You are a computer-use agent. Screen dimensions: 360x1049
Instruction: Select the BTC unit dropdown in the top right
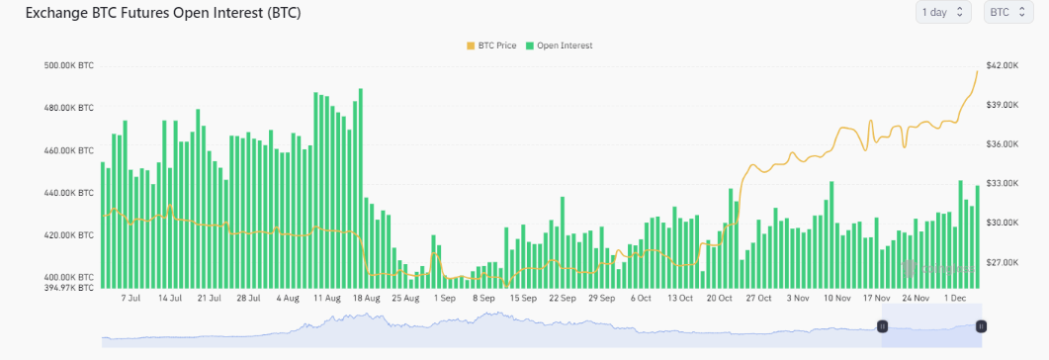click(1004, 12)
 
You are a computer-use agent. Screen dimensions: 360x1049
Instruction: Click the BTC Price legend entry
click(491, 45)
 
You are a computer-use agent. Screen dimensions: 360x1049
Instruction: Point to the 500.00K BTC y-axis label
click(71, 65)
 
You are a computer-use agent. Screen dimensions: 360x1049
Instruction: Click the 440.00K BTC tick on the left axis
click(71, 193)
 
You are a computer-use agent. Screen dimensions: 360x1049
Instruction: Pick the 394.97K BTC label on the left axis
click(71, 287)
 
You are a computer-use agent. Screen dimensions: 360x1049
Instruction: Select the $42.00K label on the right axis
click(1003, 65)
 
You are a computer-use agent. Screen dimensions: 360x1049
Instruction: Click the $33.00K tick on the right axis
click(1003, 183)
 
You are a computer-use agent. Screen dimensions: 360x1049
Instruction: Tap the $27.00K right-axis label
click(1003, 262)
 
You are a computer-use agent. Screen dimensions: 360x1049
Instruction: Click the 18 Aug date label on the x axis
click(366, 297)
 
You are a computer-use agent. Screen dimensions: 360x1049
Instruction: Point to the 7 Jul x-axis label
click(130, 297)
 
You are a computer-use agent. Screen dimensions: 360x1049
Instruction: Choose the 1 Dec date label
click(955, 297)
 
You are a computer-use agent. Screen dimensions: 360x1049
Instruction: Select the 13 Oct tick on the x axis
click(679, 297)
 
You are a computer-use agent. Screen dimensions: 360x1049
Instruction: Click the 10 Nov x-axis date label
click(837, 297)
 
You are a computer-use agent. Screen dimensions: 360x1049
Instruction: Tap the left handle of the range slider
click(882, 325)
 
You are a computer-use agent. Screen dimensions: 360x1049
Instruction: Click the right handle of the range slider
click(981, 325)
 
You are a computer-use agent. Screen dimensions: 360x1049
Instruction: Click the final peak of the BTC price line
click(978, 71)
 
